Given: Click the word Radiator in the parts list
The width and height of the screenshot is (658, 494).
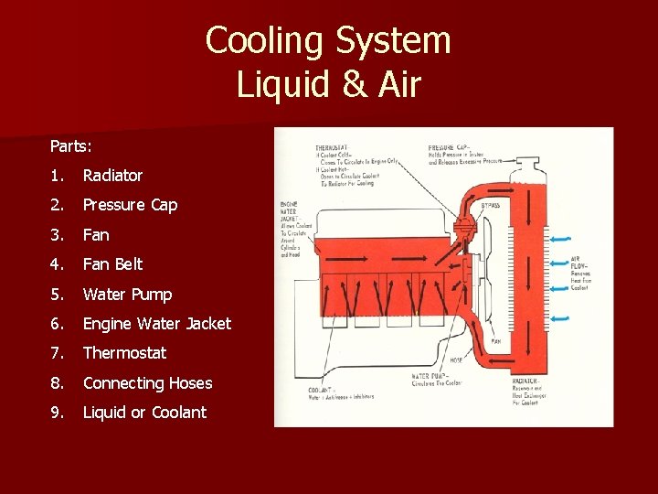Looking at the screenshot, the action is point(112,175).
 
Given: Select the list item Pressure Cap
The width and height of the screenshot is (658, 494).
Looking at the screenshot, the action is point(130,205).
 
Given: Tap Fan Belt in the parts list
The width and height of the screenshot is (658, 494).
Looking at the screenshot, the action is point(112,264).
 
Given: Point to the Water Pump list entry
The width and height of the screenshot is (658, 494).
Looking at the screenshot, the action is point(127,295).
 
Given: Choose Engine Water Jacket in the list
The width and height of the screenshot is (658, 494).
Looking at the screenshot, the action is point(156,323).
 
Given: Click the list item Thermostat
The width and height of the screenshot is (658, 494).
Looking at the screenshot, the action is point(124,353).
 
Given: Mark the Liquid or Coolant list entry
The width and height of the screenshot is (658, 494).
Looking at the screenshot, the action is point(144,413).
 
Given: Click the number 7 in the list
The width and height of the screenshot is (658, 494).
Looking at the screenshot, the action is point(57,353).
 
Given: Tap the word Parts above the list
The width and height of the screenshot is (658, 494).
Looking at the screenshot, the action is point(70,145).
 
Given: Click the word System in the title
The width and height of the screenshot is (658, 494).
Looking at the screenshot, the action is point(394,41).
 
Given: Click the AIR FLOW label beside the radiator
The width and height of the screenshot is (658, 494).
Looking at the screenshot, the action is point(578,262).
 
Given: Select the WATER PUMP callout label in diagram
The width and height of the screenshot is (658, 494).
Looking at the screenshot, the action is point(430,376).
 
